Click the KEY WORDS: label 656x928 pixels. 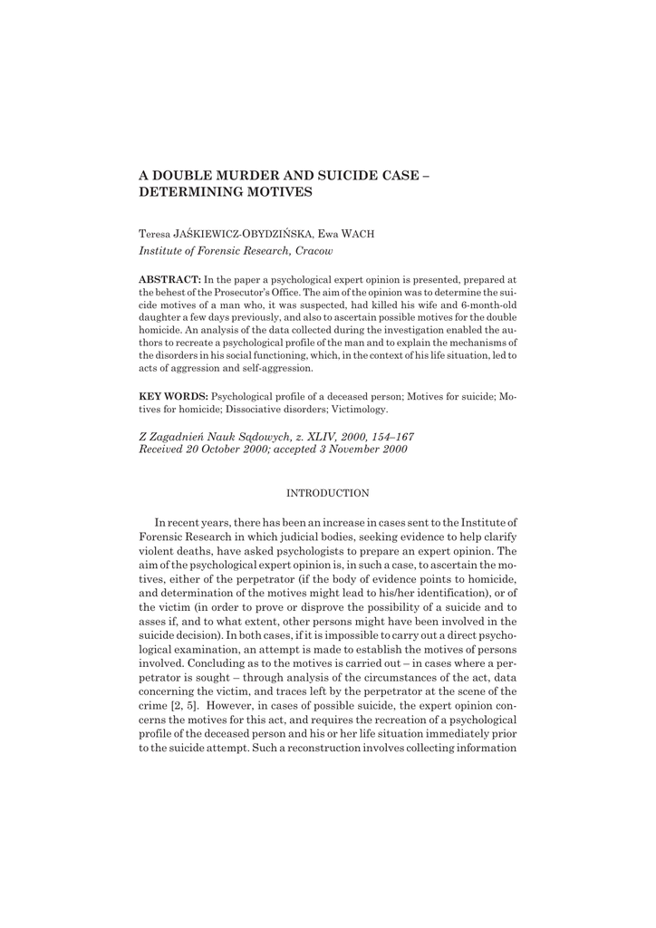click(x=173, y=397)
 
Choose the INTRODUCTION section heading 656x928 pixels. click(x=327, y=494)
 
